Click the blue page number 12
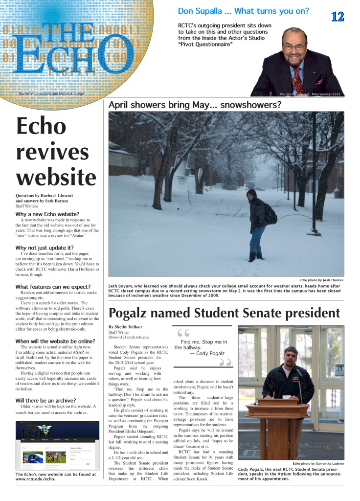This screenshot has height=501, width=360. (x=337, y=17)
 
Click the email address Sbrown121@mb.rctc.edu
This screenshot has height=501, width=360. (x=129, y=337)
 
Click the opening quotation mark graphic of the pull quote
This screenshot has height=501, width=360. (x=183, y=333)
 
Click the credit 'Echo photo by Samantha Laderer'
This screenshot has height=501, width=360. (x=318, y=463)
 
